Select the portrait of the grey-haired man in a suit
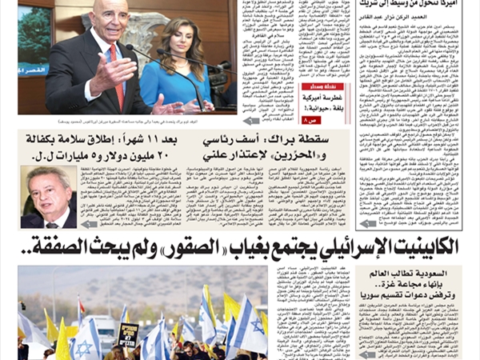point(49,195)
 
